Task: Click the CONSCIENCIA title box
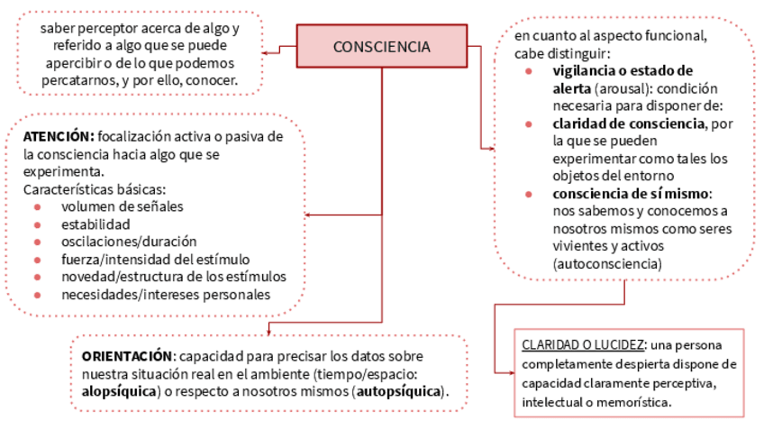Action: coord(381,46)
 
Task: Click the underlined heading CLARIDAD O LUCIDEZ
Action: coord(582,345)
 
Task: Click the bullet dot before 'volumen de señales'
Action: coord(37,206)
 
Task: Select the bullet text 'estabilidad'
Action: coord(95,224)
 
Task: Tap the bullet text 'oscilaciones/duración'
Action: coord(129,242)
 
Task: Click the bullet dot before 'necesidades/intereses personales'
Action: coord(37,295)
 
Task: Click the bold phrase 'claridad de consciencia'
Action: coord(629,124)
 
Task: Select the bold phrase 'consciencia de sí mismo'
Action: coord(632,195)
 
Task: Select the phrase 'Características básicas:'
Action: coord(95,189)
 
